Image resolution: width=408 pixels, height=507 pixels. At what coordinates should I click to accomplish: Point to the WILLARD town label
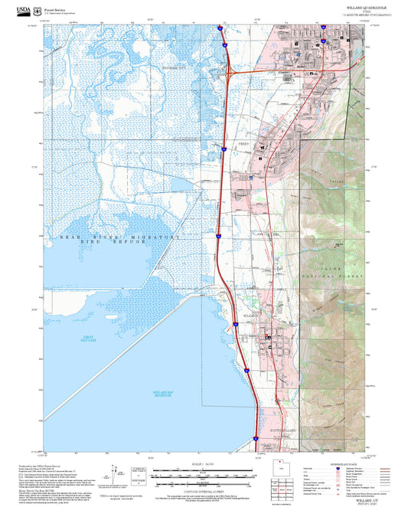[253, 314]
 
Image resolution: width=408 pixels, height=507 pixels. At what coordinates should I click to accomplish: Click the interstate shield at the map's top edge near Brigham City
[220, 31]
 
